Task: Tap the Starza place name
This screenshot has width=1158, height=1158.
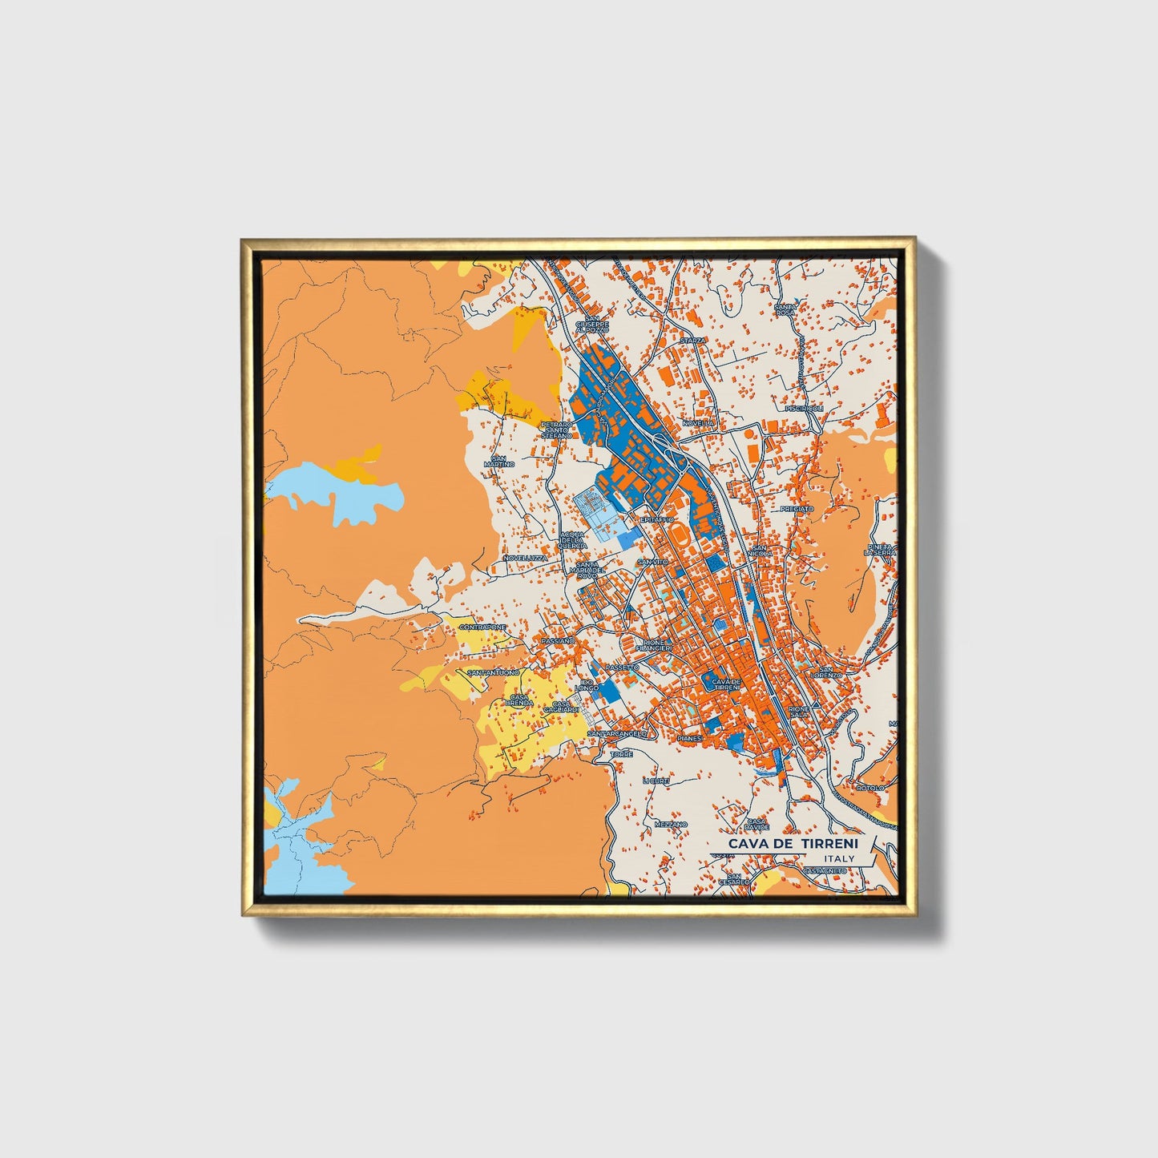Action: [x=692, y=341]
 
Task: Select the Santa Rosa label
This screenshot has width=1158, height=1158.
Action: [x=785, y=309]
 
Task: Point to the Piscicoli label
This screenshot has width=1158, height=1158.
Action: [x=805, y=408]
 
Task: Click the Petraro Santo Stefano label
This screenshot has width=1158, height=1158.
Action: [x=556, y=430]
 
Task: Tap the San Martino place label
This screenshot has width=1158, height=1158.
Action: [x=498, y=461]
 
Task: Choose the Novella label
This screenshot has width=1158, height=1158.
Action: [x=698, y=423]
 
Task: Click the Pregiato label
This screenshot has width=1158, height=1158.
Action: [x=797, y=509]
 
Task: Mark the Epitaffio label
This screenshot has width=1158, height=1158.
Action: [x=656, y=519]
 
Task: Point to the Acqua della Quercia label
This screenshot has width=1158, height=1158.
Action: [x=573, y=540]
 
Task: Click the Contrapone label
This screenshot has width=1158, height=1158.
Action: [x=483, y=627]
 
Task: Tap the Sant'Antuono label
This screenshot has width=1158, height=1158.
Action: [x=493, y=672]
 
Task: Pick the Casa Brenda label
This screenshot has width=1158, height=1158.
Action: [x=519, y=700]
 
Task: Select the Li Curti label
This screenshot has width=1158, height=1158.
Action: [x=655, y=781]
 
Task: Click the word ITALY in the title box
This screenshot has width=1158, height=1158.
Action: [x=839, y=859]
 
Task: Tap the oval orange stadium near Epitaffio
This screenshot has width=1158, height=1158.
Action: [x=680, y=533]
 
